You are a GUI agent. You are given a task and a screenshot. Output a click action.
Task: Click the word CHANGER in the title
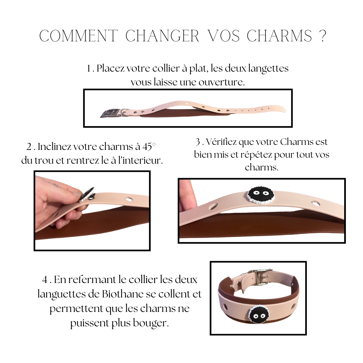(162, 36)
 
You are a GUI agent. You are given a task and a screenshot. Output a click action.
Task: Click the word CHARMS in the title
(279, 36)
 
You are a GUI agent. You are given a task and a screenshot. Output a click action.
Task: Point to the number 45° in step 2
(149, 147)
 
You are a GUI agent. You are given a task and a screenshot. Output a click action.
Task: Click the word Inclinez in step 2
(54, 147)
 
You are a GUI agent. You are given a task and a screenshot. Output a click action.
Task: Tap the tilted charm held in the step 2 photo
(88, 194)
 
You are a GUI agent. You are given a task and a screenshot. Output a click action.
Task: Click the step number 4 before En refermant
(45, 280)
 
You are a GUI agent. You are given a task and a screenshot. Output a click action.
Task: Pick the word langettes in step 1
(268, 69)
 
